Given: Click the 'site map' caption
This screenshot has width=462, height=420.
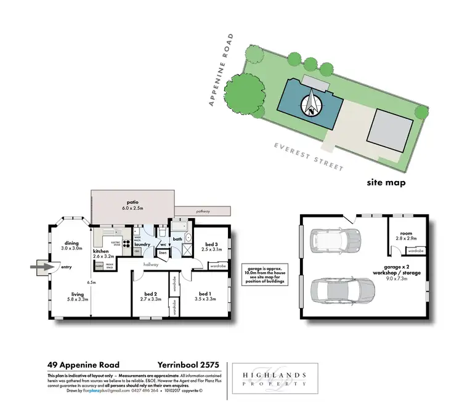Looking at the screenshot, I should (386, 182).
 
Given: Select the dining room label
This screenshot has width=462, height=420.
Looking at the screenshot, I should (71, 245).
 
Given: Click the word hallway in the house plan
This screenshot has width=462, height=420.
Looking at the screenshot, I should (151, 265).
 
